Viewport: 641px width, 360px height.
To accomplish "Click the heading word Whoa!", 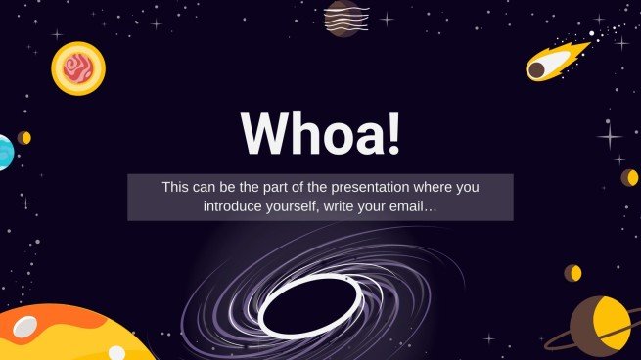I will click(319, 133).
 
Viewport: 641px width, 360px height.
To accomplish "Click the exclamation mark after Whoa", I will click(393, 133).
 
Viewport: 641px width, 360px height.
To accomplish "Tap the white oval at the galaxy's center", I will click(310, 304).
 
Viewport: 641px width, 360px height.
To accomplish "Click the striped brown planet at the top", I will click(342, 18).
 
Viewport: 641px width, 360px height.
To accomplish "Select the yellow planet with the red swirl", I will click(77, 67).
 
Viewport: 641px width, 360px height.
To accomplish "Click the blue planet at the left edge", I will click(4, 152).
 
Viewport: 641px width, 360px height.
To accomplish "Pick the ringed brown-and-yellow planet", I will click(599, 326).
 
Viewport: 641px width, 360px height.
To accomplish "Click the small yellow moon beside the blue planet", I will click(24, 138).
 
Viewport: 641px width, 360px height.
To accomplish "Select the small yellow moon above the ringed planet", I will click(573, 273).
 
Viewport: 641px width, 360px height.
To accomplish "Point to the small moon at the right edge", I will click(630, 177).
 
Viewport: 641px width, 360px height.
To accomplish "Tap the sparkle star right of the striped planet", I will click(387, 19).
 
